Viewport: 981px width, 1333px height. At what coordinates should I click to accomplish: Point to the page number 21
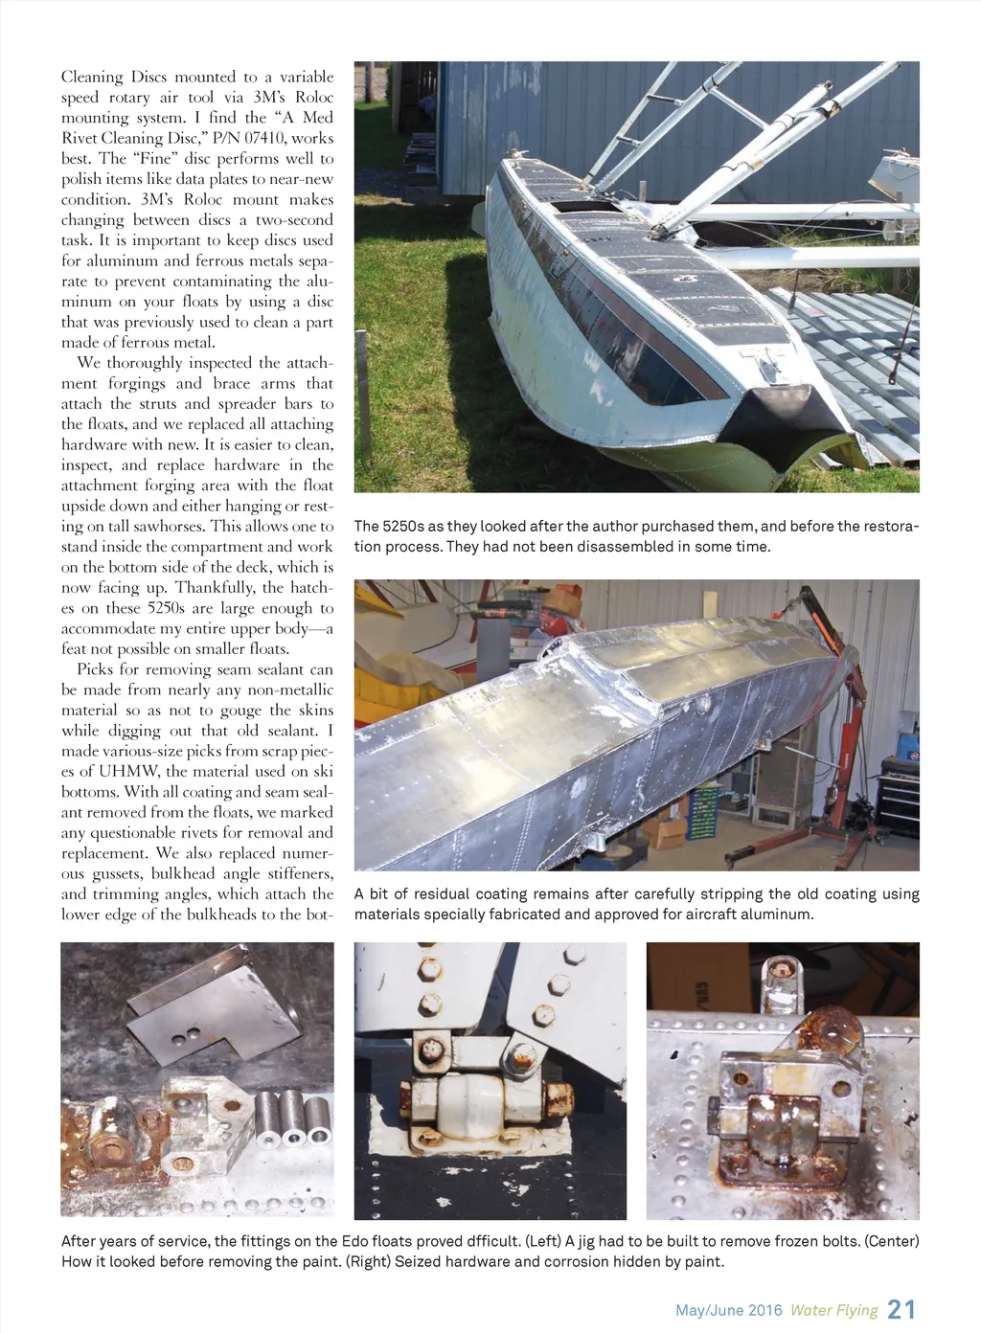click(x=901, y=1310)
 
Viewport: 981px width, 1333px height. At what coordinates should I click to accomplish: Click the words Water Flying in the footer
click(x=833, y=1311)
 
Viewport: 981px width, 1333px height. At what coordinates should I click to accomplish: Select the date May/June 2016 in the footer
click(x=728, y=1311)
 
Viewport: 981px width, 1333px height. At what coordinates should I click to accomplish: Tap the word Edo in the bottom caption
click(x=354, y=1241)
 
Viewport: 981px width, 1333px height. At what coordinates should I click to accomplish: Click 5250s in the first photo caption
click(x=402, y=527)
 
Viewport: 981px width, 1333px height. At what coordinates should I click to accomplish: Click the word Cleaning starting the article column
click(x=92, y=77)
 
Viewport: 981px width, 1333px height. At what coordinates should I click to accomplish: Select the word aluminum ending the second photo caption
click(x=776, y=915)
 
